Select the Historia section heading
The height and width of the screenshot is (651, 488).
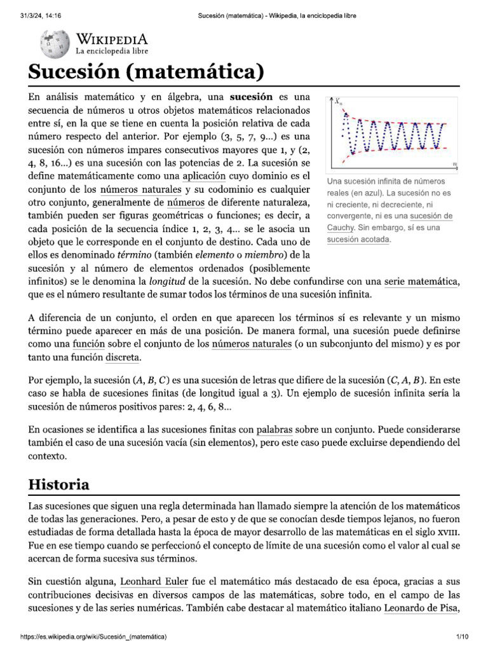(x=59, y=484)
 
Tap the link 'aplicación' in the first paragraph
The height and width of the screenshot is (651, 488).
(x=204, y=175)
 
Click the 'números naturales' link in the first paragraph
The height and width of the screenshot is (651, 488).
(x=141, y=189)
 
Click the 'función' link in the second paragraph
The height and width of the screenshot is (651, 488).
(x=88, y=344)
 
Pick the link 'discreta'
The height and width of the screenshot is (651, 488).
(x=122, y=358)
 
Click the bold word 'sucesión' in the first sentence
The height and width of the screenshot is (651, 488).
(x=250, y=97)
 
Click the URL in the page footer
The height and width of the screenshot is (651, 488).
(x=94, y=636)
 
